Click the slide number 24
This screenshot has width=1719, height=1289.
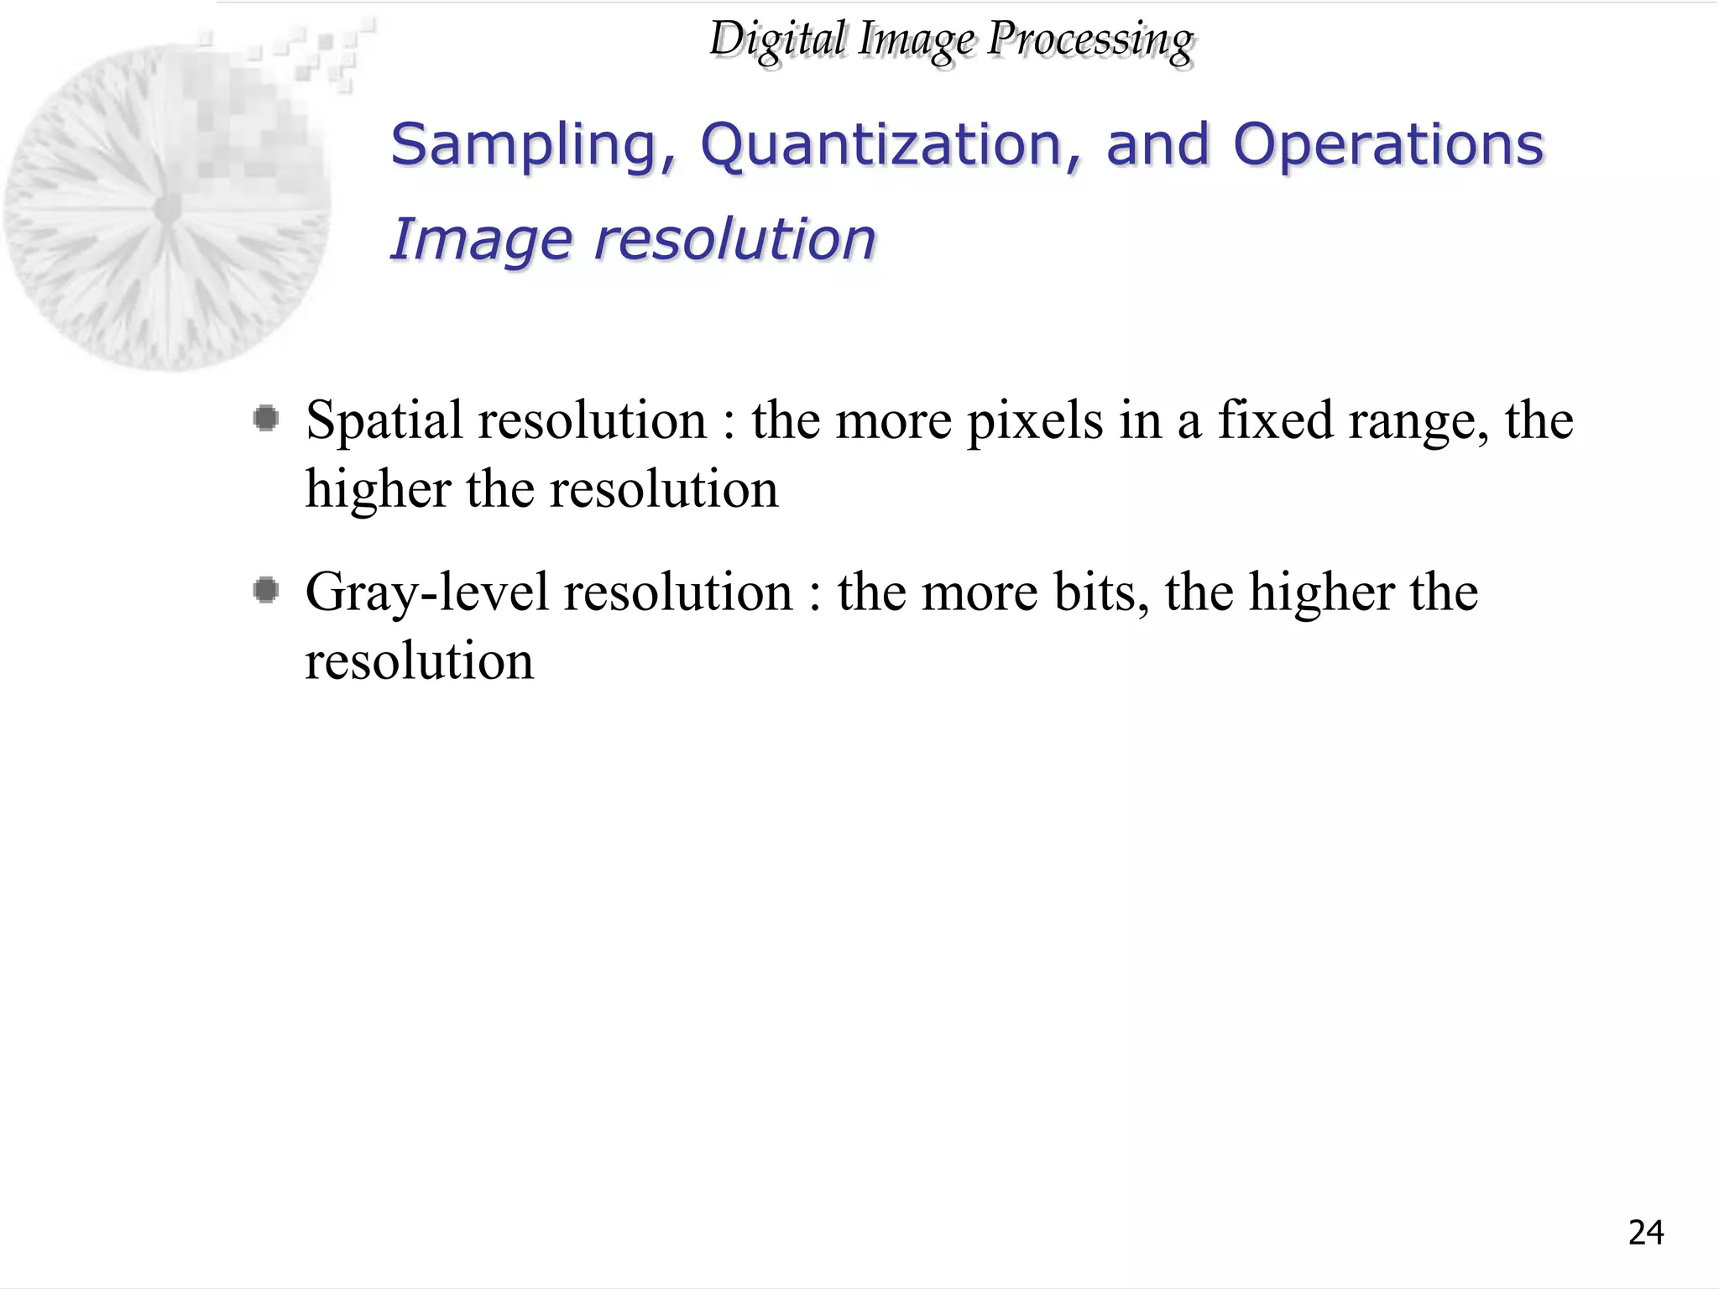[x=1645, y=1233]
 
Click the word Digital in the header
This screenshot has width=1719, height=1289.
[x=777, y=39]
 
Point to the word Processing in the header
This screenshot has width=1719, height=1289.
[x=1089, y=39]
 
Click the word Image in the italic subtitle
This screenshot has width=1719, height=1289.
[x=482, y=240]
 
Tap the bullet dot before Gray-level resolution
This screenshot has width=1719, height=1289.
[x=266, y=591]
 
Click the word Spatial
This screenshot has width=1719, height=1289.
[x=384, y=420]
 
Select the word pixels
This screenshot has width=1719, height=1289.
[x=1035, y=420]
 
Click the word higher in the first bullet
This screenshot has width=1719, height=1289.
[x=378, y=489]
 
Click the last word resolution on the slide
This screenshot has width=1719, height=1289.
[x=419, y=661]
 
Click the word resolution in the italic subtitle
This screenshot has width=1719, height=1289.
[x=734, y=240]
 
